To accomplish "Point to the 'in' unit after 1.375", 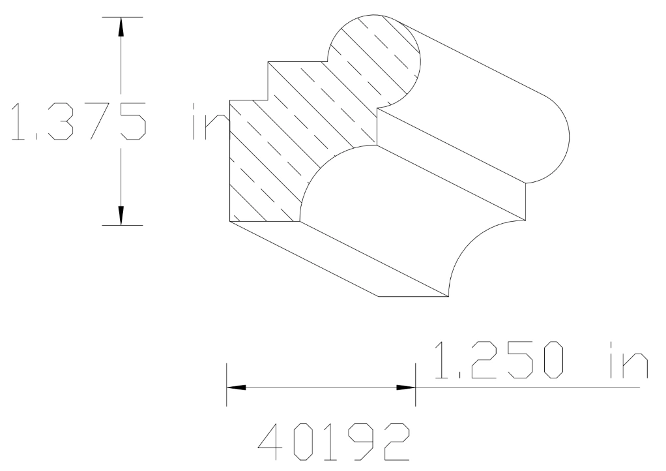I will (x=207, y=121).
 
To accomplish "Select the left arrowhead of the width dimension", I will (x=237, y=387).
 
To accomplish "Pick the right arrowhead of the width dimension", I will (x=406, y=387).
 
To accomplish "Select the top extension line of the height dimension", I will (x=122, y=17).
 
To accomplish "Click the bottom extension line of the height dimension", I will (x=122, y=225).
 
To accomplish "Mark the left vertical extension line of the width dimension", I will (x=227, y=385).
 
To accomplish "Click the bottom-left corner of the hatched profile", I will (x=231, y=222).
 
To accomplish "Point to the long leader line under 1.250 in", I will (x=528, y=387).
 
